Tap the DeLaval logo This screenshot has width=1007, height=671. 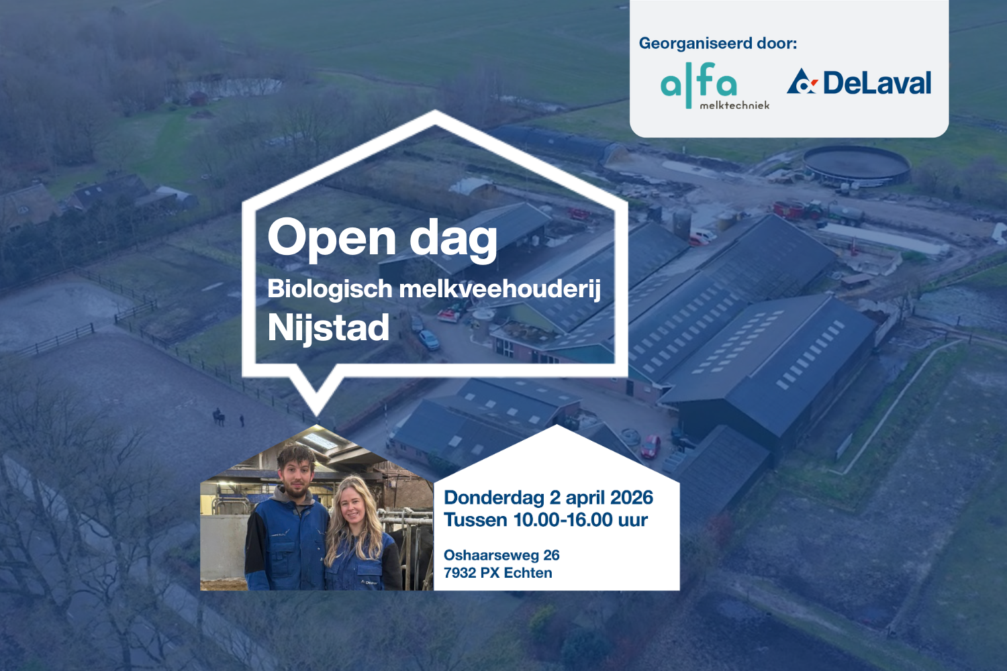point(859,83)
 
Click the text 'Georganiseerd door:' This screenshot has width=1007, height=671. point(718,44)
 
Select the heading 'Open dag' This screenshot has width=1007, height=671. point(382,238)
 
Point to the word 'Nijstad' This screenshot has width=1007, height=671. point(328,327)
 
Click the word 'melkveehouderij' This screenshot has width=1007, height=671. point(499,289)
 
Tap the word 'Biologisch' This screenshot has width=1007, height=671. point(330,289)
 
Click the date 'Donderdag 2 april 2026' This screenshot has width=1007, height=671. point(548,497)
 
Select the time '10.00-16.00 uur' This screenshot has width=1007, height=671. point(580,520)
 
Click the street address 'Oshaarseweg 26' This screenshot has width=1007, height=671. point(501,555)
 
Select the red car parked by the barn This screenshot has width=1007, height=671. point(650,446)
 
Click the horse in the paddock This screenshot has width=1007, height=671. point(219,416)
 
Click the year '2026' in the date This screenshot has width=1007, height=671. point(632,497)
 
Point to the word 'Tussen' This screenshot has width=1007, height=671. point(475,520)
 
